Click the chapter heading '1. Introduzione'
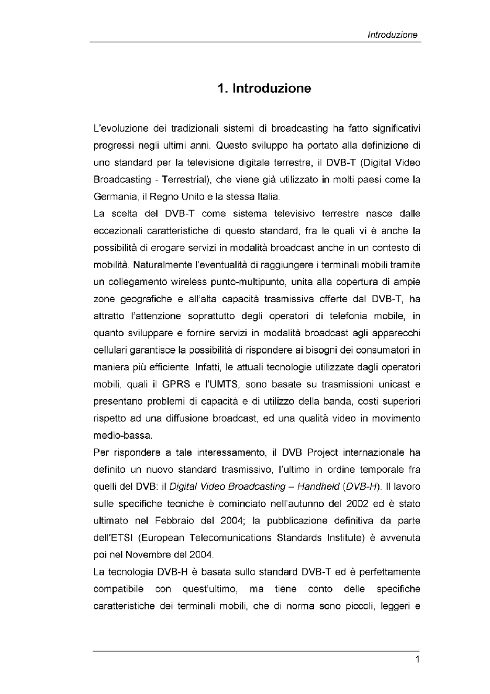(x=264, y=88)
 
